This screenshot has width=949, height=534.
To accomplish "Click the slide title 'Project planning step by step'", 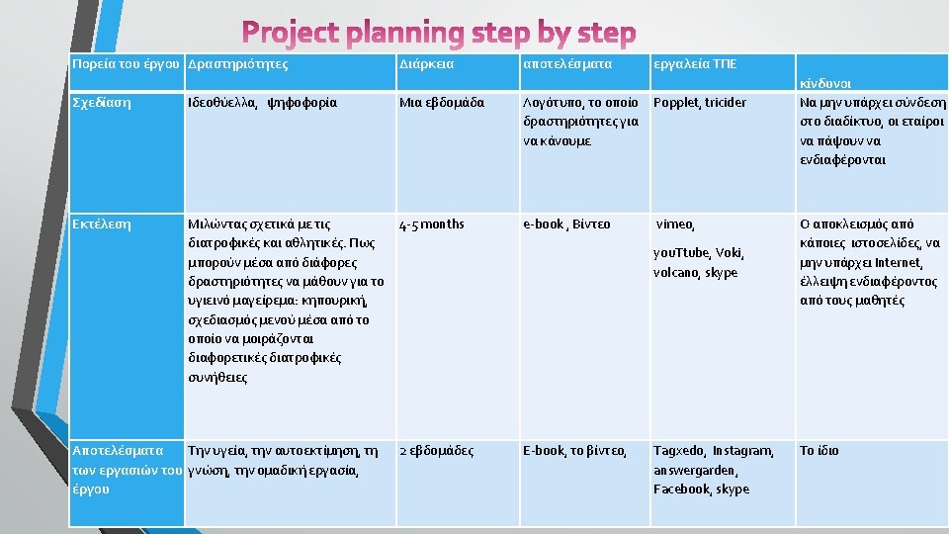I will (440, 33).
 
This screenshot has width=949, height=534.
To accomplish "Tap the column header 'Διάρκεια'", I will (427, 64).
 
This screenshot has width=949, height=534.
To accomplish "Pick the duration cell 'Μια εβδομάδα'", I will (442, 103).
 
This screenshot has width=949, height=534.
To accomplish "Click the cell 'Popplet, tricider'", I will (700, 103).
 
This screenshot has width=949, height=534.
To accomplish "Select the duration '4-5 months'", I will (432, 224).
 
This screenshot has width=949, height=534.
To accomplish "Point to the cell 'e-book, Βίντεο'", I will (566, 224).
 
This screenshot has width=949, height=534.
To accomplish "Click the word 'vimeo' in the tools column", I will (675, 224).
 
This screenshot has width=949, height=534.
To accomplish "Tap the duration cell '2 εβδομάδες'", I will (436, 451).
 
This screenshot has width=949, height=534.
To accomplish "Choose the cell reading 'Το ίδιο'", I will (820, 451).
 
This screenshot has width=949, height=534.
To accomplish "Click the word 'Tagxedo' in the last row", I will (677, 451).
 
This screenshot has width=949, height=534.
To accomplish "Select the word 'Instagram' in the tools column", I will (742, 451).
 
